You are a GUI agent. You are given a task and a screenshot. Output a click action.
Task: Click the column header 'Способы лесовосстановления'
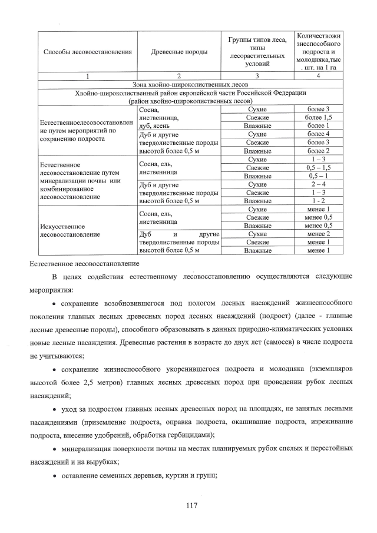coord(87,52)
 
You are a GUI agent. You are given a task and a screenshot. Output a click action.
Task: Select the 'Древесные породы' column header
coord(179,52)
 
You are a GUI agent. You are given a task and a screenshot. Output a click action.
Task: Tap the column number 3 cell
coord(257,76)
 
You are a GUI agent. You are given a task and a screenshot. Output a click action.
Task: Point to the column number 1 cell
coord(87,76)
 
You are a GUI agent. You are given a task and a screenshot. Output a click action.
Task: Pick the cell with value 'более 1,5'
coord(318,118)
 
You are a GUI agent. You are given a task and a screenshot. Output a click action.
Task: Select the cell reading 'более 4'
coord(318,134)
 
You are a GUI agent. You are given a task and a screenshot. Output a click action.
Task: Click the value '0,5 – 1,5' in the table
coord(318,168)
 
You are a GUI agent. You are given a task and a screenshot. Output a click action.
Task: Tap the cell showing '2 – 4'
coord(318,184)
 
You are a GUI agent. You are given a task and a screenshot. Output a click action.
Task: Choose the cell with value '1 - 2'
coord(318,201)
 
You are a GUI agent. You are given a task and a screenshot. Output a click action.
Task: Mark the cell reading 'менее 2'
coord(318,234)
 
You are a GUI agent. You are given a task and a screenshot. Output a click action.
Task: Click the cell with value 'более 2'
coord(318,151)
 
